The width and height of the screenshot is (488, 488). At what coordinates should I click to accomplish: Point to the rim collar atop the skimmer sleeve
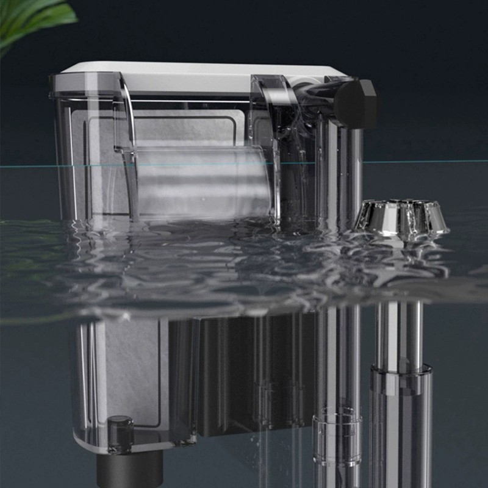(x=400, y=370)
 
